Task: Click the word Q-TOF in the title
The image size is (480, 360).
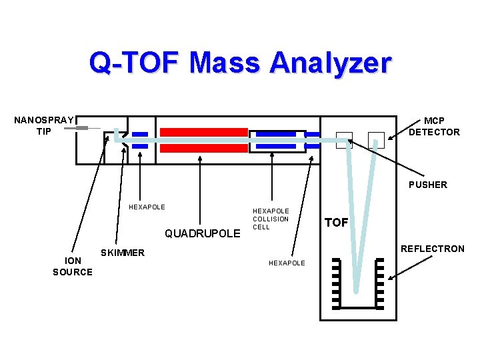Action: click(134, 63)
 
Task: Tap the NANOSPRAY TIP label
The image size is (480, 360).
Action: click(44, 125)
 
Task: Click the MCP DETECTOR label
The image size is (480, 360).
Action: click(434, 126)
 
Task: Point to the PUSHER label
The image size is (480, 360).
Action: click(428, 185)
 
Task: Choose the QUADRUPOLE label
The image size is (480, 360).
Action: click(202, 233)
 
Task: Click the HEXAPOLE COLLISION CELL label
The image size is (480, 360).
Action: click(271, 219)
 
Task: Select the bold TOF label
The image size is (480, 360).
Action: click(337, 223)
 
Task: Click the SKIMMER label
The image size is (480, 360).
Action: click(122, 253)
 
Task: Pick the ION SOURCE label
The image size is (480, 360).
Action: click(73, 267)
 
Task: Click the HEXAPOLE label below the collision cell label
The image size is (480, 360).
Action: click(287, 263)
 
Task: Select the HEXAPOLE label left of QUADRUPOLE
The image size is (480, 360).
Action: click(147, 207)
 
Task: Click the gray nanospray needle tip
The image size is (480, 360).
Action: click(82, 127)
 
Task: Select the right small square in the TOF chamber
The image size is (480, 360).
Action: click(376, 139)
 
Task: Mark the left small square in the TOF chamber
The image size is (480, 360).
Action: click(344, 139)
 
